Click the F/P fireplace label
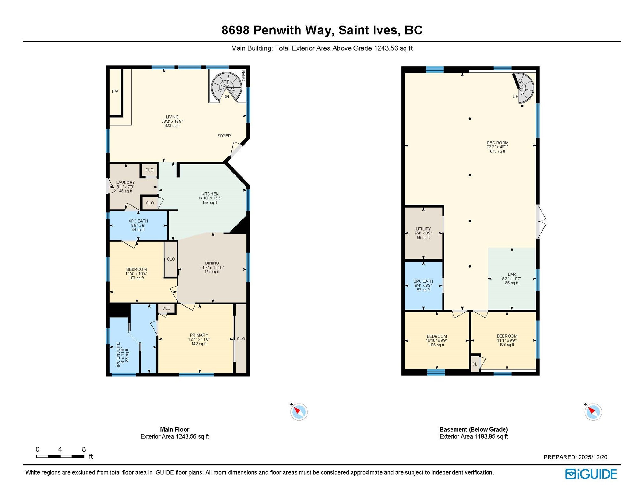(115, 92)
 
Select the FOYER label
(224, 136)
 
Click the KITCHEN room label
(210, 198)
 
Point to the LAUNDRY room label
(125, 187)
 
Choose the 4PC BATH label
(138, 225)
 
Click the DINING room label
(212, 267)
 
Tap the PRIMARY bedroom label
(199, 339)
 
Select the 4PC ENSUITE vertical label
(122, 355)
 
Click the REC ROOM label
(497, 147)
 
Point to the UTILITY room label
(423, 233)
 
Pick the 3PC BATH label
(423, 286)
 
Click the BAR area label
(511, 278)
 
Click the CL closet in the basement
(475, 364)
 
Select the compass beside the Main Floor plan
(299, 412)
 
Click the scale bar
(60, 456)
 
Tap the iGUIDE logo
(591, 474)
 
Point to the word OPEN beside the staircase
(244, 76)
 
